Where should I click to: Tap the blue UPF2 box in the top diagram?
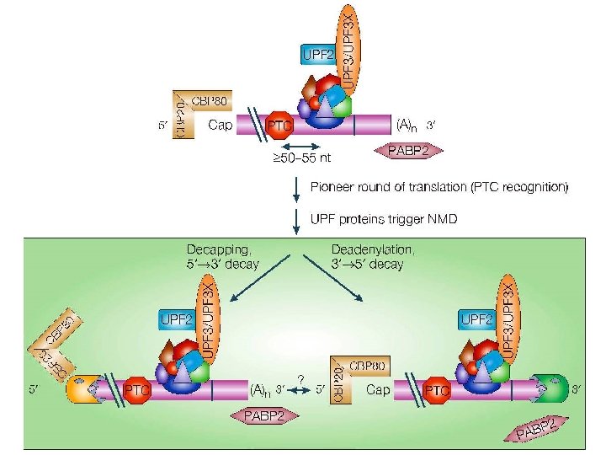pos(316,56)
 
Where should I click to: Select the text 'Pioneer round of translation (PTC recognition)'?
pos(439,186)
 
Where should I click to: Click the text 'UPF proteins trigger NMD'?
pos(383,220)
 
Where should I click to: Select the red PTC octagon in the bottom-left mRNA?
pos(136,390)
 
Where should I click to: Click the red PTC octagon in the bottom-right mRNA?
pos(437,390)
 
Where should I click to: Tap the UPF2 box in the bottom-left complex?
pos(177,319)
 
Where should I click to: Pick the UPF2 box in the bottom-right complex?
pos(476,319)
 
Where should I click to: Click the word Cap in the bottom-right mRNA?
pos(378,390)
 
